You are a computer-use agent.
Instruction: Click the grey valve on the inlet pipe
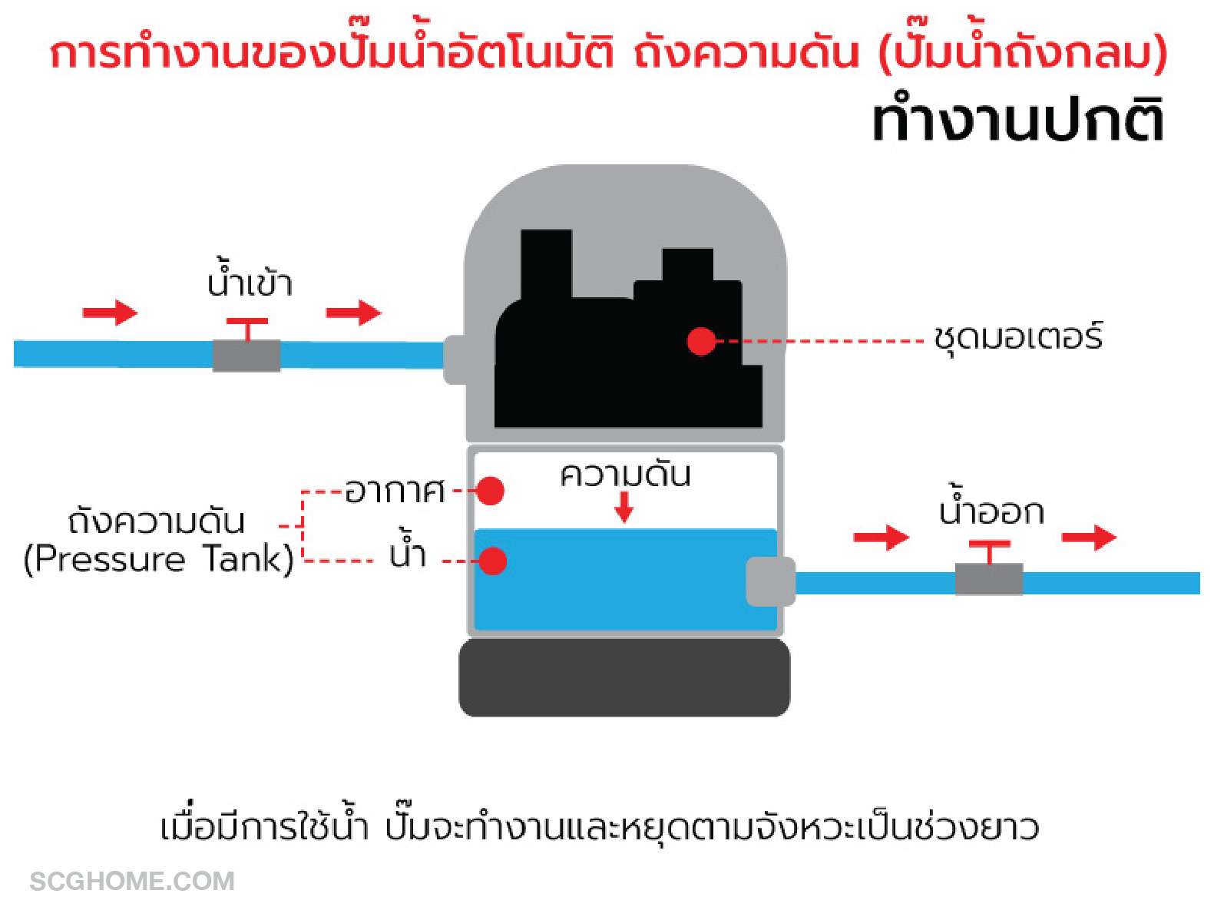pyautogui.click(x=246, y=356)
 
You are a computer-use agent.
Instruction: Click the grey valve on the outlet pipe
pyautogui.click(x=988, y=579)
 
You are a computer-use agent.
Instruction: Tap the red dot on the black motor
pyautogui.click(x=700, y=341)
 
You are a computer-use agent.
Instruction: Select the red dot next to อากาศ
pyautogui.click(x=490, y=491)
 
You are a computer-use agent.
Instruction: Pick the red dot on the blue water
pyautogui.click(x=492, y=561)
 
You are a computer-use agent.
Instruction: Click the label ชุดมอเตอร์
pyautogui.click(x=1018, y=338)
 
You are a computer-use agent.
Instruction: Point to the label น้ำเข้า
pyautogui.click(x=250, y=282)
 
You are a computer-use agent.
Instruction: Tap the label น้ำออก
pyautogui.click(x=991, y=510)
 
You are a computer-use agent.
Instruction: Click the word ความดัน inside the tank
pyautogui.click(x=625, y=475)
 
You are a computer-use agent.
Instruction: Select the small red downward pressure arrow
pyautogui.click(x=624, y=508)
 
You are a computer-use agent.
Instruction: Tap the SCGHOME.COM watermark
pyautogui.click(x=132, y=881)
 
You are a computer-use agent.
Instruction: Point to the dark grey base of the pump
pyautogui.click(x=624, y=677)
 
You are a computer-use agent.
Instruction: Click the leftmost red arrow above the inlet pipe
pyautogui.click(x=110, y=313)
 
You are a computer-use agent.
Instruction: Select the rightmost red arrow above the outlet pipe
pyautogui.click(x=1089, y=537)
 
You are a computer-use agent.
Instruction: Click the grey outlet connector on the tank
pyautogui.click(x=769, y=581)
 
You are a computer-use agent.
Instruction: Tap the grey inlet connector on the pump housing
pyautogui.click(x=455, y=359)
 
